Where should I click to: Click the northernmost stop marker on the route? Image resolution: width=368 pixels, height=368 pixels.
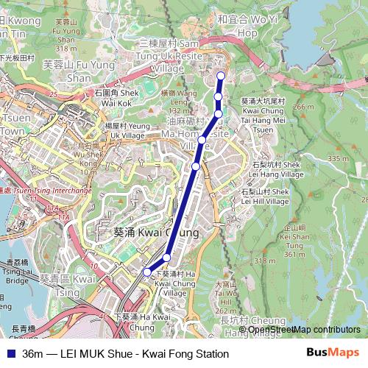pos(220,76)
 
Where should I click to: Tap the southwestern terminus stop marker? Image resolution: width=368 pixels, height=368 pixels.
pos(146,272)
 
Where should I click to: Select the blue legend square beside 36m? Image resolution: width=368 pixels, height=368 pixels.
pos(11,354)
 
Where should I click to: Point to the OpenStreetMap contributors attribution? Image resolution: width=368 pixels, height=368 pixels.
pos(304,330)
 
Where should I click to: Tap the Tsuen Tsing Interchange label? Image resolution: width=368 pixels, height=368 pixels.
pos(49,190)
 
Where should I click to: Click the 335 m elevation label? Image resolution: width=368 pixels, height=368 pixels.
pos(339,158)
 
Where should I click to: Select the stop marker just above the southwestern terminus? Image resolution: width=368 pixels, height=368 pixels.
pos(167,257)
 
